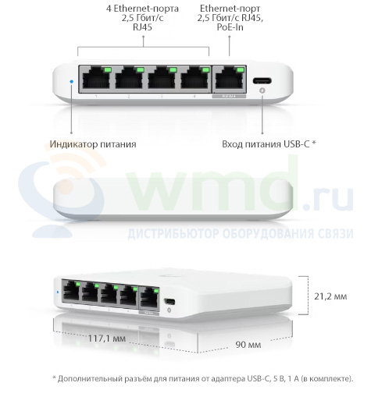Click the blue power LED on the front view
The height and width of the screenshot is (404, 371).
(x=72, y=81)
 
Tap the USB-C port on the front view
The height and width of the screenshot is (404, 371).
(x=262, y=80)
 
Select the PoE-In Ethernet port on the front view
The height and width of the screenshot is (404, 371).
(x=230, y=79)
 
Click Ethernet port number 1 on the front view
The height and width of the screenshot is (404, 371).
(x=96, y=78)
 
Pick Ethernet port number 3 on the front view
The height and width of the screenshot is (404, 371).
(x=162, y=78)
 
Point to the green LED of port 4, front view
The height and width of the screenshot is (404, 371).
(x=205, y=69)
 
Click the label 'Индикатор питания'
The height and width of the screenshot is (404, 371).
(x=93, y=144)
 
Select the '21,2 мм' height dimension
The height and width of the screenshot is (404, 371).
(x=330, y=296)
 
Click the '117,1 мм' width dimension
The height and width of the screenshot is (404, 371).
(x=107, y=338)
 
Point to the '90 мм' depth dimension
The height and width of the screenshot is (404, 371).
(x=248, y=345)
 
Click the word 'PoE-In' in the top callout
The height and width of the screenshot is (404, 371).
(x=230, y=27)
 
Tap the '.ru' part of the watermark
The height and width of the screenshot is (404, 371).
(x=329, y=198)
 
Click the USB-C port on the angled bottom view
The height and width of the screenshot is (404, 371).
(x=169, y=302)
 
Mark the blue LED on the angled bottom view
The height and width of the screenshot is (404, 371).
(x=58, y=292)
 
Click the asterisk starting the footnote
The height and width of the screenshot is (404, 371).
(x=55, y=377)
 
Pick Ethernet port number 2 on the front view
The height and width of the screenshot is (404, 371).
(x=129, y=78)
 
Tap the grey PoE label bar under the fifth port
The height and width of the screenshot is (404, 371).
(x=229, y=96)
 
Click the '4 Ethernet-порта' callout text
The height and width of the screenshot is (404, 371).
(x=142, y=9)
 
